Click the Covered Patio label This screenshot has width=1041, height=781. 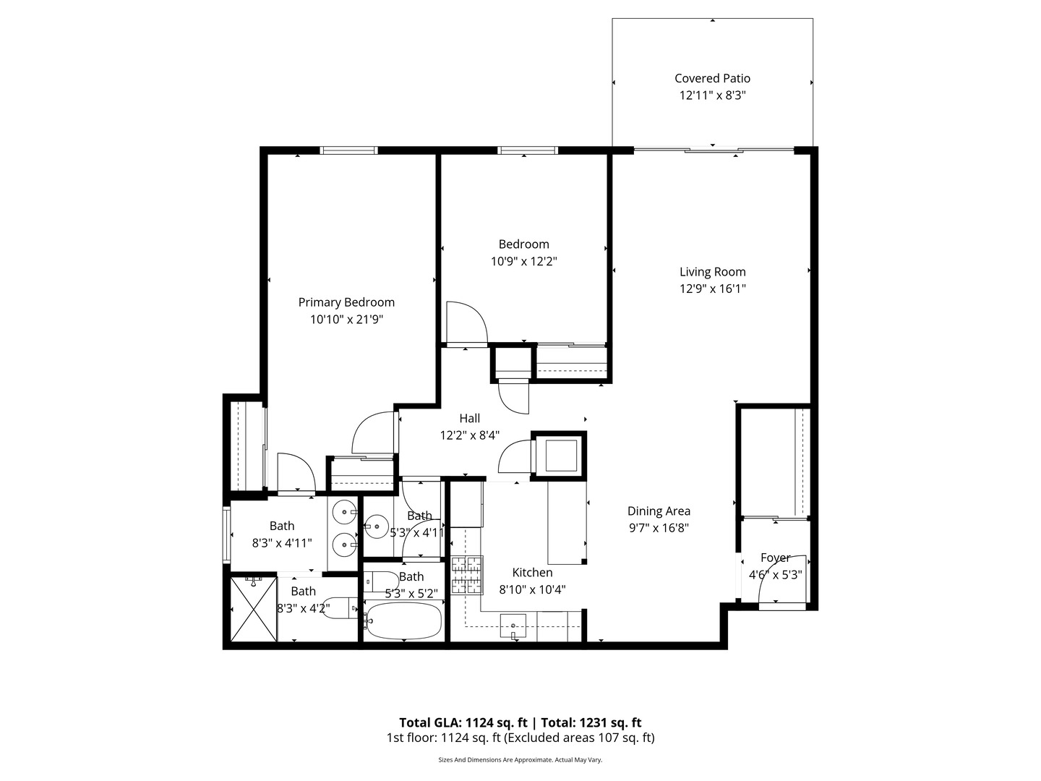point(712,78)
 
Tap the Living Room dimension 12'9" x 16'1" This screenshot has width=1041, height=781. point(712,289)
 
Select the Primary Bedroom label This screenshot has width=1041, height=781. point(346,302)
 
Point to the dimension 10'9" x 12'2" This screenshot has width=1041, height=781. point(523,261)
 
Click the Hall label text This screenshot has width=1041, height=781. point(469,418)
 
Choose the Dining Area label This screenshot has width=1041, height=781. point(658,511)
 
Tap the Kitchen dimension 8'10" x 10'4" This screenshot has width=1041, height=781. point(532,589)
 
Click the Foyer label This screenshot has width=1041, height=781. point(775,558)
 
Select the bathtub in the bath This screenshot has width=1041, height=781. point(403,620)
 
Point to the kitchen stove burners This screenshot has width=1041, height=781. point(467,576)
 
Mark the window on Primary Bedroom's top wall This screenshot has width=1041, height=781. point(348,150)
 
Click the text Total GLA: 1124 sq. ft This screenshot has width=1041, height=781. point(463,722)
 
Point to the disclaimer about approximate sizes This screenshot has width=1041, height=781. point(520,760)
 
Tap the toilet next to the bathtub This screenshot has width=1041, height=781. point(379,581)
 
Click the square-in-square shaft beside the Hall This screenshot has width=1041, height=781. point(559,455)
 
